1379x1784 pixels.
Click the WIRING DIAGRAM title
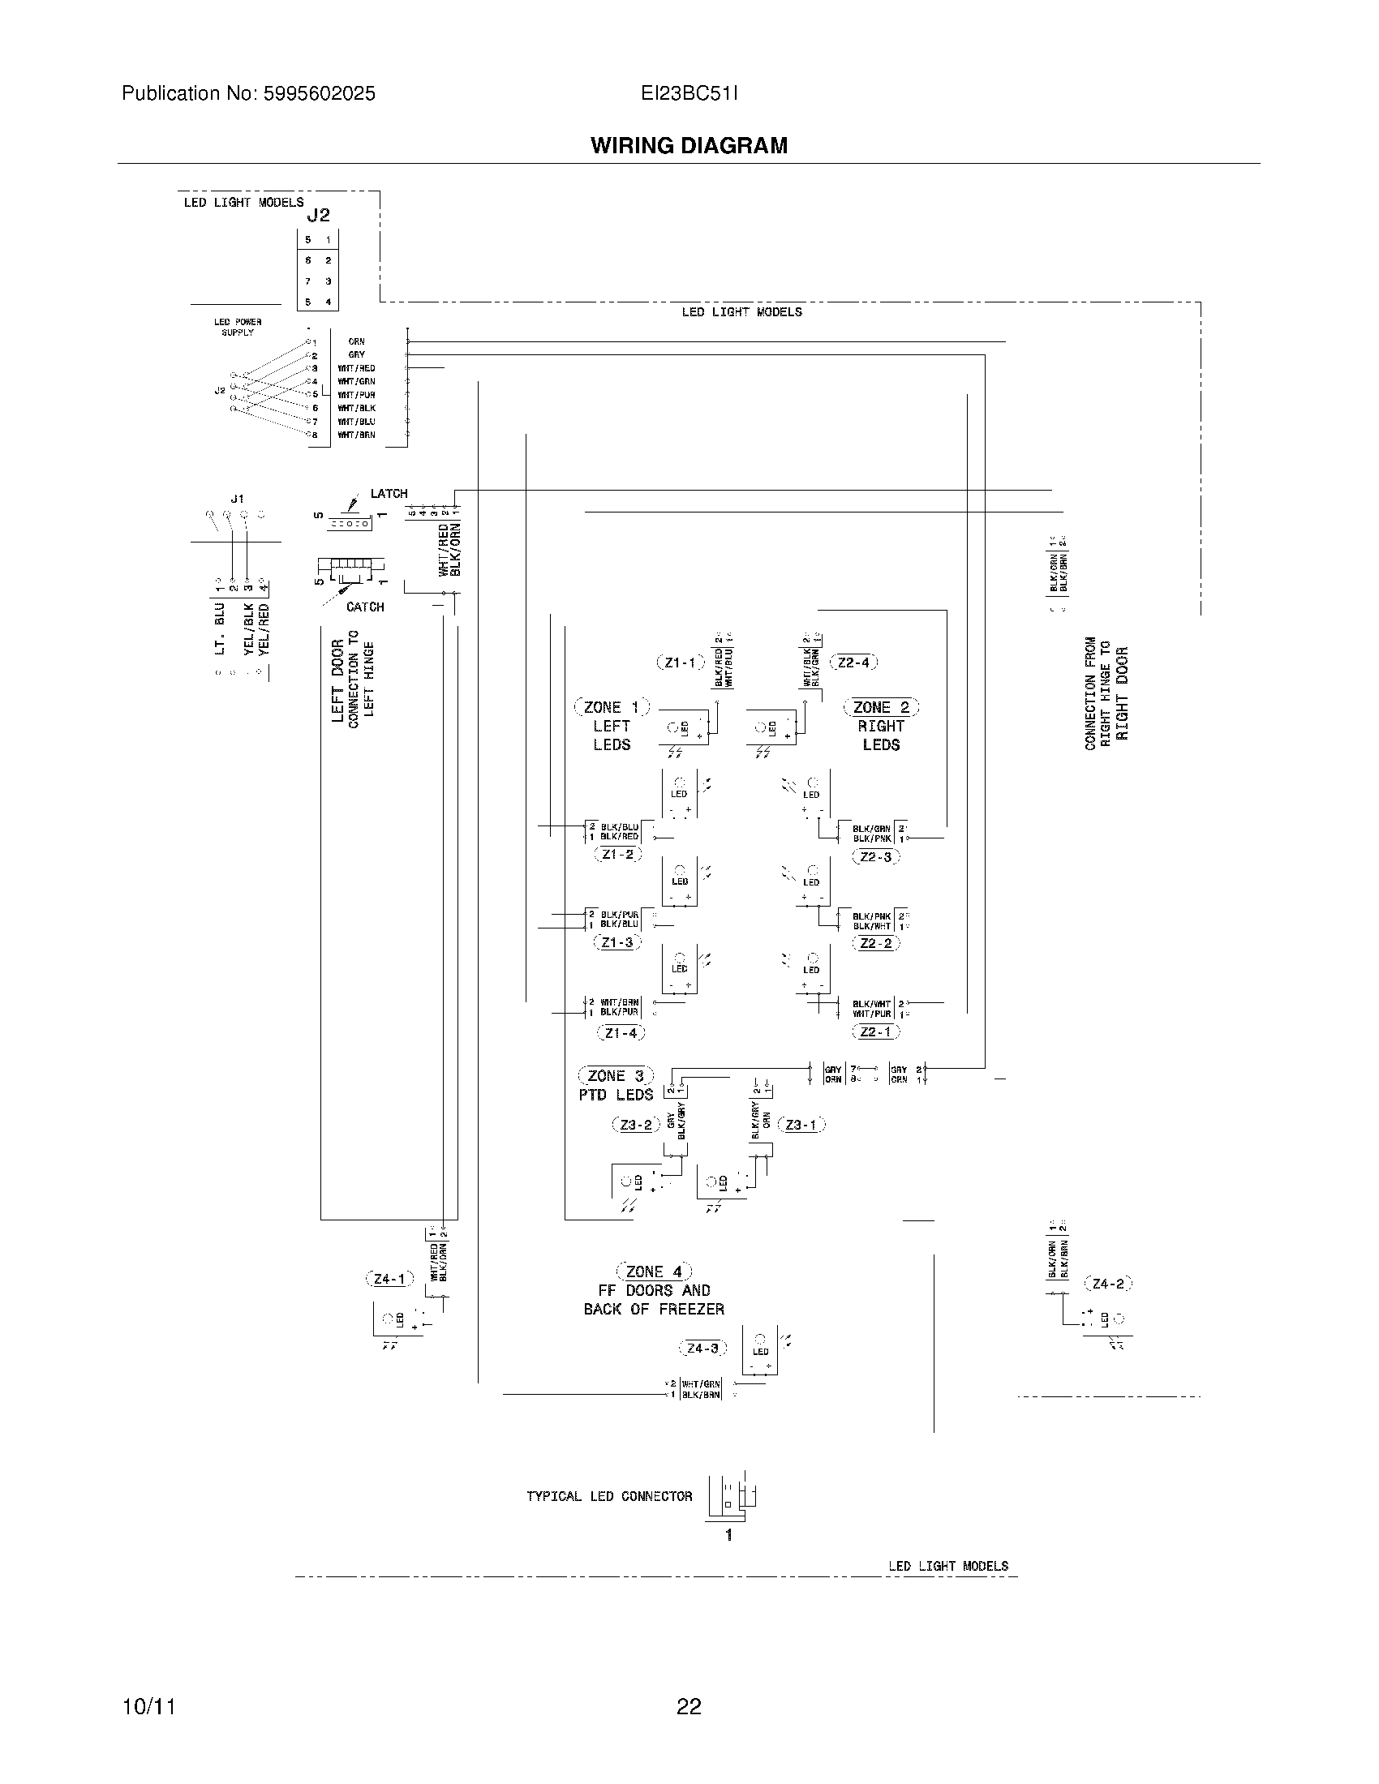[x=689, y=145]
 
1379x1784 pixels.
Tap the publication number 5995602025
[x=319, y=94]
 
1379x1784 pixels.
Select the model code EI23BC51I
[x=689, y=94]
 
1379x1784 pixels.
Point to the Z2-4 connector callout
[x=853, y=663]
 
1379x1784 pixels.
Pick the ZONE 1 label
[x=612, y=707]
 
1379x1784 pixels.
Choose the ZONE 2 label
[x=881, y=707]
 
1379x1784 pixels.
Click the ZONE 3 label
[x=616, y=1076]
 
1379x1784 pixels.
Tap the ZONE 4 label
[x=654, y=1272]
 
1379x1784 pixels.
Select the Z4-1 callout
[x=389, y=1279]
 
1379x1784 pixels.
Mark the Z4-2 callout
[x=1108, y=1284]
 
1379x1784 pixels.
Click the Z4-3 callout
[x=702, y=1348]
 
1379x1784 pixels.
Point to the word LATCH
[x=389, y=494]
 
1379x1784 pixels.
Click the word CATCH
[x=365, y=607]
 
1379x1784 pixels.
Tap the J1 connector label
[x=237, y=498]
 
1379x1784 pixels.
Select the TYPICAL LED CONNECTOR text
[x=608, y=1496]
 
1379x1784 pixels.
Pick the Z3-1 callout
[x=801, y=1125]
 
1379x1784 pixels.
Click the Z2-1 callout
[x=875, y=1031]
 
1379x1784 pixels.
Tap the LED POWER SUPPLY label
[x=238, y=327]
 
